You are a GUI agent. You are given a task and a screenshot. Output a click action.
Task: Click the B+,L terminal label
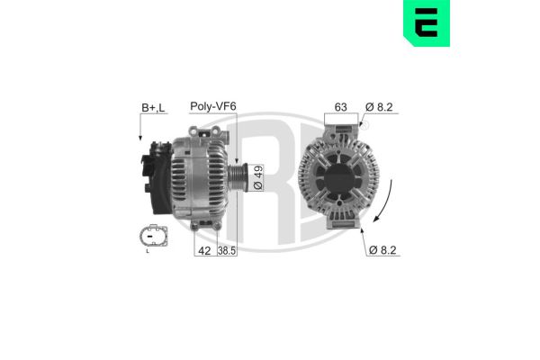(x=153, y=107)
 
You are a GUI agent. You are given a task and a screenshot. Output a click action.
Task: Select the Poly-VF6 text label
(x=212, y=106)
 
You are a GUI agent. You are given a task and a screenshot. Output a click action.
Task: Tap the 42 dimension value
(x=203, y=253)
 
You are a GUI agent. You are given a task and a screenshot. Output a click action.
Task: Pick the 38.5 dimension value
(x=226, y=253)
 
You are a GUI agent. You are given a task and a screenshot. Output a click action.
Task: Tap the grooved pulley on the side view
(x=238, y=175)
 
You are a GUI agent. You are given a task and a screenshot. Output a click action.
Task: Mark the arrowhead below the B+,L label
(x=140, y=138)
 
